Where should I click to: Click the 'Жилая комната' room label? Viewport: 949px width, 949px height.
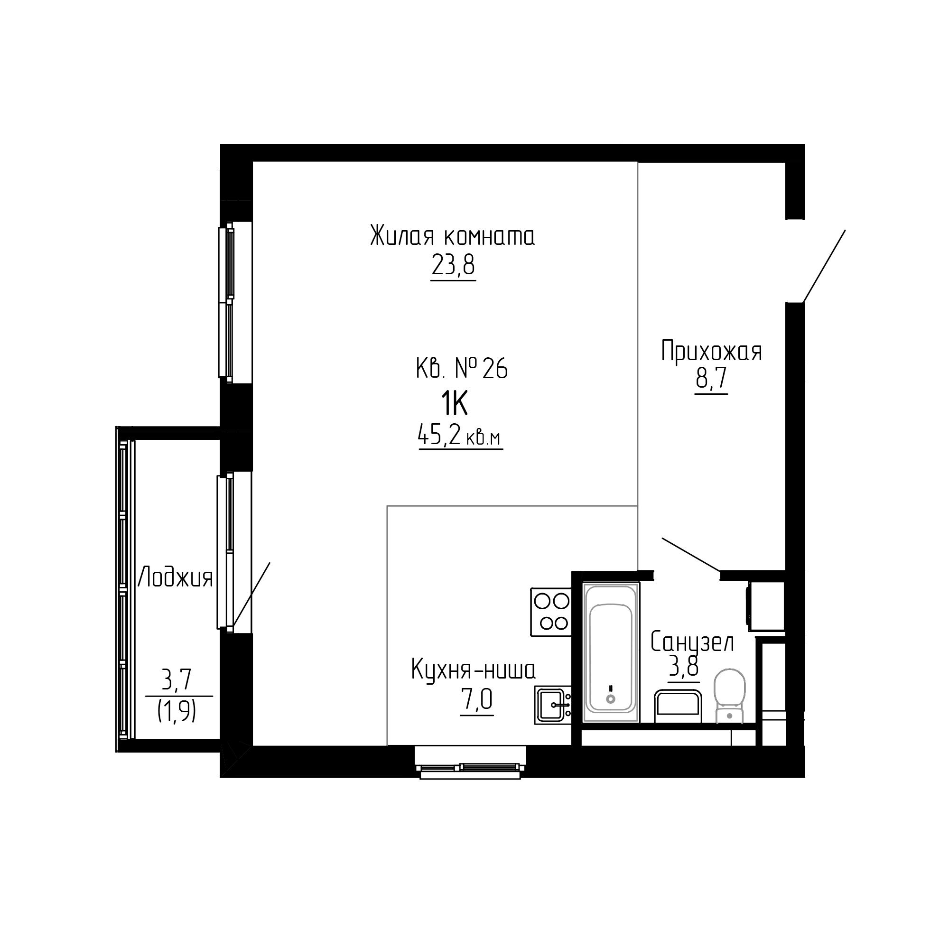pyautogui.click(x=452, y=236)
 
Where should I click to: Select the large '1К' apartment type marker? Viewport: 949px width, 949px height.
pyautogui.click(x=454, y=404)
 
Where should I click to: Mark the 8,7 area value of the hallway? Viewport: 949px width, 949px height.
pyautogui.click(x=711, y=379)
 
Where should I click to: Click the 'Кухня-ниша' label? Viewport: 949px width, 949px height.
pyautogui.click(x=473, y=670)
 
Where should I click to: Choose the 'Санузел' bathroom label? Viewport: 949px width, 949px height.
pyautogui.click(x=693, y=642)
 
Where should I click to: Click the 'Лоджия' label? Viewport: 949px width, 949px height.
pyautogui.click(x=176, y=577)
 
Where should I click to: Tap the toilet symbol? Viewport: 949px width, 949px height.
pyautogui.click(x=729, y=696)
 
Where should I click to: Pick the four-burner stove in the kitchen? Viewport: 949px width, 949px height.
pyautogui.click(x=551, y=612)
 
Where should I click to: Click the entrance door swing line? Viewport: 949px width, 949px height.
pyautogui.click(x=824, y=266)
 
